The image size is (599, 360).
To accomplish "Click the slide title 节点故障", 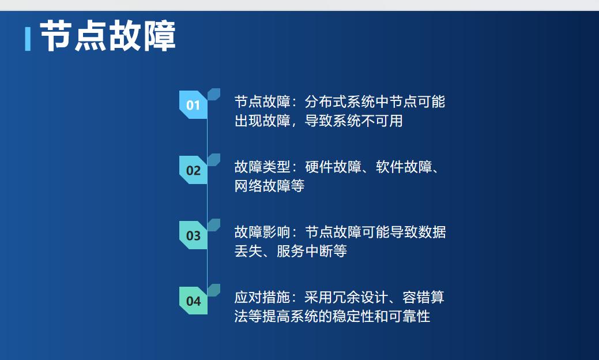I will coord(108,37).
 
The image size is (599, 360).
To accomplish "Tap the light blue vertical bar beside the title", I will coord(28,39).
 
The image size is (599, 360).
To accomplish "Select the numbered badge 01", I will coord(193,105).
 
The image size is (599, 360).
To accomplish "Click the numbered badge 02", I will coord(193,170).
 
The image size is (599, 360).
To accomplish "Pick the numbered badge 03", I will coord(193,235).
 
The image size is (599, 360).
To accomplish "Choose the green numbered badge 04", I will coord(193,301).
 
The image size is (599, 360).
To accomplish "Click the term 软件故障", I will coord(403,167).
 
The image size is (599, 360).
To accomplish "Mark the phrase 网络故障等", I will coord(269,186).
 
